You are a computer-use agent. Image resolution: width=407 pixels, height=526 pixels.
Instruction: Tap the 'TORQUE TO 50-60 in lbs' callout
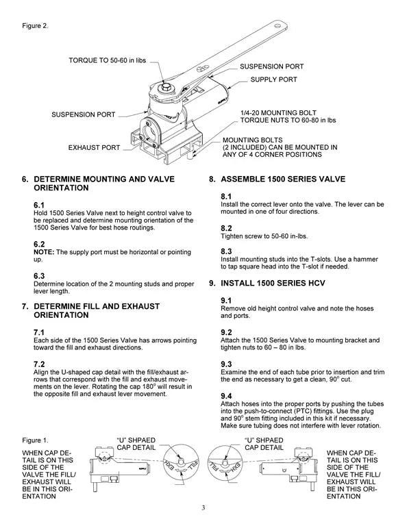pos(108,61)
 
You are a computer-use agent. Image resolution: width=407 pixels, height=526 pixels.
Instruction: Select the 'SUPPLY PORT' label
pos(274,79)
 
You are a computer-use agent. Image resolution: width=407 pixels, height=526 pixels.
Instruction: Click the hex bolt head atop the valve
pos(167,88)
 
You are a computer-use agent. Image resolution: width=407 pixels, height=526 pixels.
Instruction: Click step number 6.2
pos(39,244)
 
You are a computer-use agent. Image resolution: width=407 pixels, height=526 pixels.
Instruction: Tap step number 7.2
pos(39,363)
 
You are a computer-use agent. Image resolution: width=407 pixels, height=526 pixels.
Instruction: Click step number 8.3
pos(226,252)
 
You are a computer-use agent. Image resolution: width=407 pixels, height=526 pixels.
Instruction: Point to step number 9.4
pos(226,397)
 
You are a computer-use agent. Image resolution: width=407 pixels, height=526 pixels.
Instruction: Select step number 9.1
pos(226,301)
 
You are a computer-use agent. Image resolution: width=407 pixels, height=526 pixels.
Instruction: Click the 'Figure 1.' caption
pos(34,439)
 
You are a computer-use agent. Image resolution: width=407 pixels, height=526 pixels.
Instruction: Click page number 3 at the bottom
pos(203,508)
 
